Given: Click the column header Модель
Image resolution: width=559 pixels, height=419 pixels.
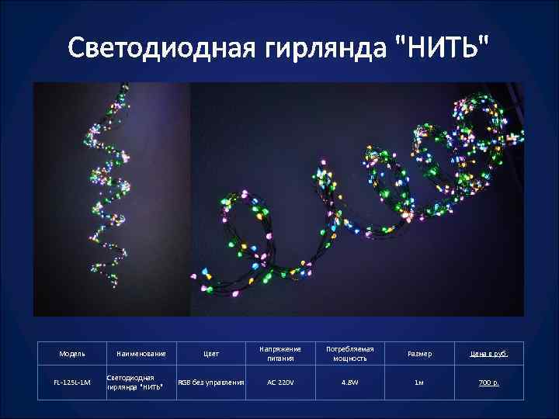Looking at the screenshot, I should click(72, 355).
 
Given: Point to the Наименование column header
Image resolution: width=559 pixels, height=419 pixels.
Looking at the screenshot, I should click(141, 355).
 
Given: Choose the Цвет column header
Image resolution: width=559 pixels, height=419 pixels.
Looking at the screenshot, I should click(211, 355).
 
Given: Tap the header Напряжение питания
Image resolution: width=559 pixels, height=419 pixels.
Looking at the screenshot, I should click(281, 354).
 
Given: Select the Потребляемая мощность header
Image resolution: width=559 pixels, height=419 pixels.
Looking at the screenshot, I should click(349, 354).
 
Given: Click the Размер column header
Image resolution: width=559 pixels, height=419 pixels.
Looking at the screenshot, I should click(420, 355).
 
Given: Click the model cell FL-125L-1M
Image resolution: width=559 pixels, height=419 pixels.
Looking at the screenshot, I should click(72, 383).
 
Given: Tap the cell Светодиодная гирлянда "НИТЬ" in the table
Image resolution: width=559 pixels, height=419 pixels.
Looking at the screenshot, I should click(134, 383).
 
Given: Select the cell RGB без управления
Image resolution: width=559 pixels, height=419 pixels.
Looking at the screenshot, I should click(211, 383).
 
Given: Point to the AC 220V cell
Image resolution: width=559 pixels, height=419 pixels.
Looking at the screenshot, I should click(281, 383).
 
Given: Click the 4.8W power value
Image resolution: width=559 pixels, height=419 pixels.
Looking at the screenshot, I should click(349, 383).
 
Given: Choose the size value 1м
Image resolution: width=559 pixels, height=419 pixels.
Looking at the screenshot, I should click(420, 383).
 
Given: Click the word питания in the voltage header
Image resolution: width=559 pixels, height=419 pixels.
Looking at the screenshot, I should click(281, 359).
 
